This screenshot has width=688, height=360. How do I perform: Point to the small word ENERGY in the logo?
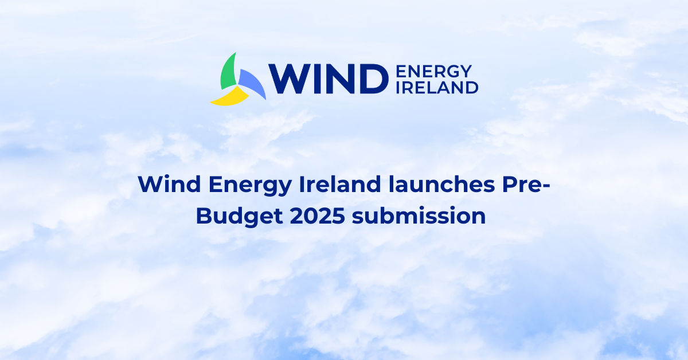[x=434, y=71]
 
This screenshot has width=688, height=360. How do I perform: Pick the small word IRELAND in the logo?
[x=437, y=87]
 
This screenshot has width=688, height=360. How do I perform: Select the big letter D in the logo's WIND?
[x=370, y=79]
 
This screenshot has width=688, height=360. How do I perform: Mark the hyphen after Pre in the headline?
[x=544, y=187]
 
